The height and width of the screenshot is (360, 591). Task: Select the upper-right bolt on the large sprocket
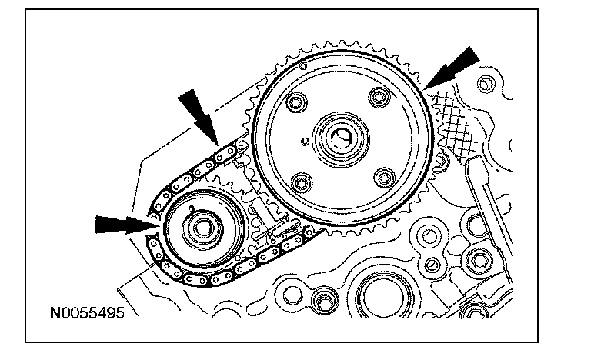tap(378, 96)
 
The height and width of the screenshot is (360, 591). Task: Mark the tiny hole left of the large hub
tap(306, 142)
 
